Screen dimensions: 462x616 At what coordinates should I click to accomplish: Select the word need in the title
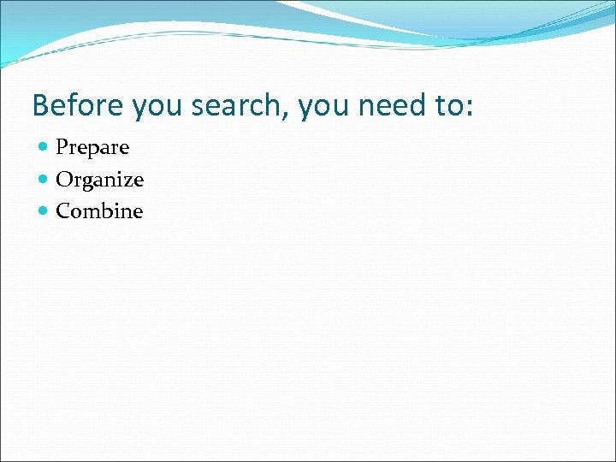389,105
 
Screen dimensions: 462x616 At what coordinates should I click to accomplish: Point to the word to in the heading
443,105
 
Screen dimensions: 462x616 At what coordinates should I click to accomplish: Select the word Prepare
92,148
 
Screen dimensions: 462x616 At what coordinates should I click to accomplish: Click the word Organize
99,181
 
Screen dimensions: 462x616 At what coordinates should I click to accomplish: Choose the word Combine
99,211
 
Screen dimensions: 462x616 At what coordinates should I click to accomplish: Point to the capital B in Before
39,105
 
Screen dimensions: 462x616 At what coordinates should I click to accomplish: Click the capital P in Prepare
62,147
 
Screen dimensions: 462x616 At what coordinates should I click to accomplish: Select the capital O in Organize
63,180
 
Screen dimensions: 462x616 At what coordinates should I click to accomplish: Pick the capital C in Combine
62,211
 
